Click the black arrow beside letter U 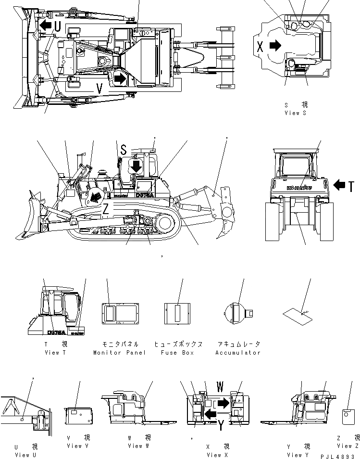pyautogui.click(x=46, y=25)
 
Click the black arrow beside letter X pyautogui.click(x=275, y=46)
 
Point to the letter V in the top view pyautogui.click(x=99, y=89)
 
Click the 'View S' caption pyautogui.click(x=295, y=113)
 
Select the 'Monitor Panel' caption pyautogui.click(x=120, y=353)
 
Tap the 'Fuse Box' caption pyautogui.click(x=179, y=353)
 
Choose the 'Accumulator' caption pyautogui.click(x=237, y=353)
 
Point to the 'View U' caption pyautogui.click(x=22, y=455)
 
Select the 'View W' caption pyautogui.click(x=138, y=446)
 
